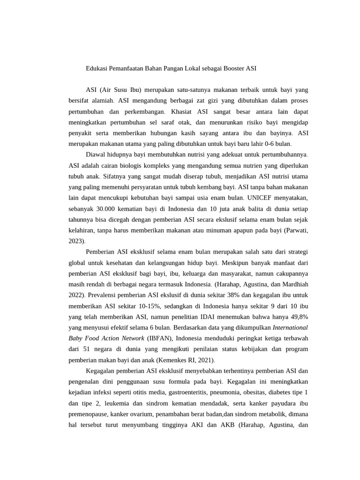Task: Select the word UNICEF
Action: [x=251, y=198]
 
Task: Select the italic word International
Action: [x=290, y=327]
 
